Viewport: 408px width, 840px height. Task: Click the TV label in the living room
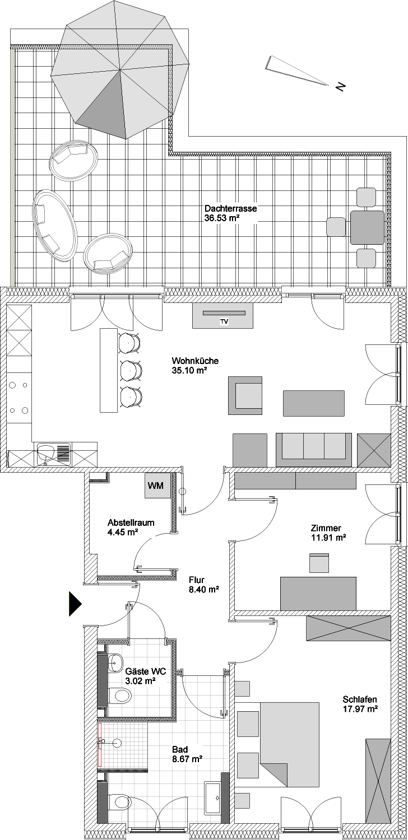(x=224, y=321)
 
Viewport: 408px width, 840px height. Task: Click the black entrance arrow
(x=75, y=604)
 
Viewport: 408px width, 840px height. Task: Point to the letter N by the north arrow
(x=340, y=87)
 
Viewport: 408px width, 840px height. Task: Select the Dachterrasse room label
(x=230, y=208)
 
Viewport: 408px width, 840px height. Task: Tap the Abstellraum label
(x=131, y=522)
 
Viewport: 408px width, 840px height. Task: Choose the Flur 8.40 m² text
(x=204, y=585)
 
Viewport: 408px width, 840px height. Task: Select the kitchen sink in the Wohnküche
(x=54, y=455)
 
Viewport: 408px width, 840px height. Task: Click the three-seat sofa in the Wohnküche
(x=314, y=450)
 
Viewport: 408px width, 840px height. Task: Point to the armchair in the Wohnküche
(x=245, y=395)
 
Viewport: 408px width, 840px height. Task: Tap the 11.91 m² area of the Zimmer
(x=328, y=538)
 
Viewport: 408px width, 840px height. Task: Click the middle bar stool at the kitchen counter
(x=131, y=370)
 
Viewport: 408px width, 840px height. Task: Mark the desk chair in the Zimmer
(x=319, y=563)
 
